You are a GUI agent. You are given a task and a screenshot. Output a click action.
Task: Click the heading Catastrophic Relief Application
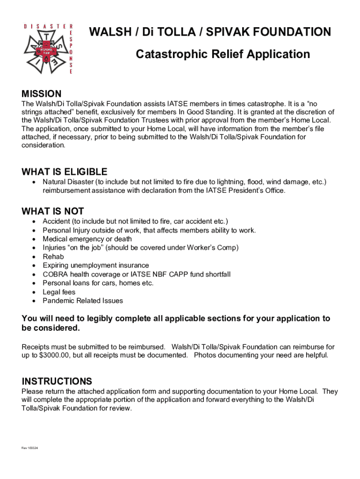pyautogui.click(x=223, y=55)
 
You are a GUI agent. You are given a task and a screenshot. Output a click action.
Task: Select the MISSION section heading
pyautogui.click(x=42, y=94)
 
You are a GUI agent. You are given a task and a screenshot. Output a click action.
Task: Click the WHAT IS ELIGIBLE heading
pyautogui.click(x=65, y=172)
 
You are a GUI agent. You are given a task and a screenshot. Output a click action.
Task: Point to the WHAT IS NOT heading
pyautogui.click(x=53, y=211)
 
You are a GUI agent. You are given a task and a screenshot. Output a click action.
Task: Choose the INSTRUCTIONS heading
pyautogui.click(x=57, y=381)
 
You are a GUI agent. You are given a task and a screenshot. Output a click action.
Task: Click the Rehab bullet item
pyautogui.click(x=53, y=256)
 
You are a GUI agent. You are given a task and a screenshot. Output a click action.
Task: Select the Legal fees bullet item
pyautogui.click(x=59, y=292)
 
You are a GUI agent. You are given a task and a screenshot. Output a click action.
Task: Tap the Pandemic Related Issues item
pyautogui.click(x=83, y=301)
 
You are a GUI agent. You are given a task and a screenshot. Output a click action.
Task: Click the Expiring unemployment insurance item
pyautogui.click(x=96, y=265)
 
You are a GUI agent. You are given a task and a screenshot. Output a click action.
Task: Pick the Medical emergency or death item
pyautogui.click(x=87, y=239)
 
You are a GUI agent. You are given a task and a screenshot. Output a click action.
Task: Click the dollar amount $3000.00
pyautogui.click(x=54, y=355)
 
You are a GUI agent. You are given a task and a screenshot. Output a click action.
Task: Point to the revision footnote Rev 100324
pyautogui.click(x=29, y=448)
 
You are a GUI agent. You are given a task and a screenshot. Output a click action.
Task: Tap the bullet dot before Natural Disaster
pyautogui.click(x=35, y=182)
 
